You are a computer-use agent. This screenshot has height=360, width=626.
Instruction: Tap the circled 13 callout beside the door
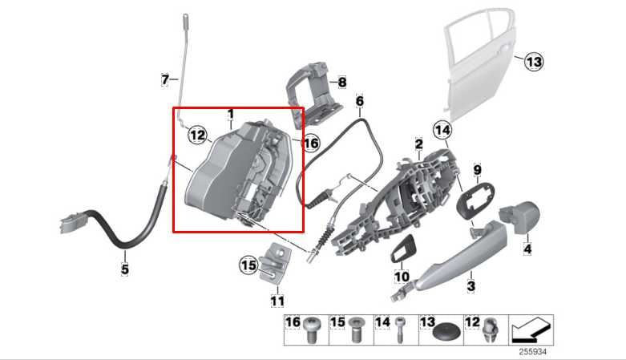pyautogui.click(x=534, y=61)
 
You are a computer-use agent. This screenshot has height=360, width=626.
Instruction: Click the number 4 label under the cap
pyautogui.click(x=527, y=250)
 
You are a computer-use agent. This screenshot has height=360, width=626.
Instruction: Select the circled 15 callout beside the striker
pyautogui.click(x=248, y=264)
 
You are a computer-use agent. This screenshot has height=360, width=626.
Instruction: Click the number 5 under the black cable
pyautogui.click(x=124, y=269)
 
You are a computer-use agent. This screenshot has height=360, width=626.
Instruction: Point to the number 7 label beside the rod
pyautogui.click(x=165, y=79)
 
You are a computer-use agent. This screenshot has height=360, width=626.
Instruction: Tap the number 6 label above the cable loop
pyautogui.click(x=360, y=102)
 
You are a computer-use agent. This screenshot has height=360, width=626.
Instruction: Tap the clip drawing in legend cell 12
pyautogui.click(x=491, y=329)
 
